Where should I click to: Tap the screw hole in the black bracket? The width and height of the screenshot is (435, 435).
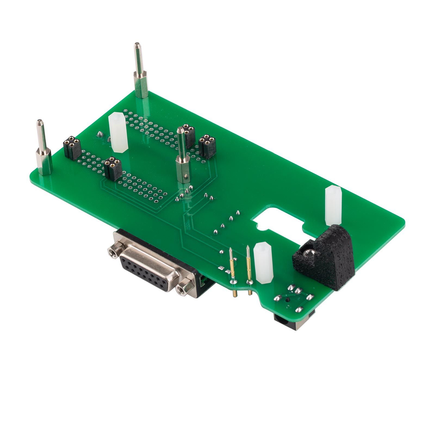308,254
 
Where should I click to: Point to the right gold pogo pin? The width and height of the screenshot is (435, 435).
249,268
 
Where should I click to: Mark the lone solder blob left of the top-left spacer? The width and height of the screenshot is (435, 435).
100,133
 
